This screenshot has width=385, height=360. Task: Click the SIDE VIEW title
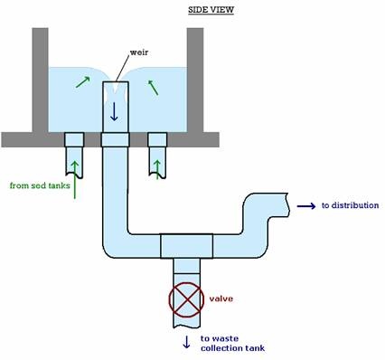[x=211, y=10]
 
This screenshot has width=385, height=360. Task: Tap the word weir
[x=139, y=52]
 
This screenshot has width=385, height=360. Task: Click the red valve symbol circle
[x=186, y=299]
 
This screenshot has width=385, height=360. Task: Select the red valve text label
[x=221, y=298]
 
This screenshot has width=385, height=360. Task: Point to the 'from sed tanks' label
[x=40, y=185]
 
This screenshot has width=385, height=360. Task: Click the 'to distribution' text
[x=350, y=205]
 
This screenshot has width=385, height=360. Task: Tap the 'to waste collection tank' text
[x=232, y=344]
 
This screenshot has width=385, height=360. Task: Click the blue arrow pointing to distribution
[x=306, y=206]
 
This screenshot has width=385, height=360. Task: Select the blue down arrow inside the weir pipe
[x=114, y=111]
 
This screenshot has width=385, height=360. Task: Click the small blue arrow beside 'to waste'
[x=186, y=342]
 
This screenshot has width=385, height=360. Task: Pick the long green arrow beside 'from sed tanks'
[x=75, y=180]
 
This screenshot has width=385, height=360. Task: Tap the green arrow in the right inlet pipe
[x=157, y=169]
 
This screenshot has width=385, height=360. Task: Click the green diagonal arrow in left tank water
[x=83, y=82]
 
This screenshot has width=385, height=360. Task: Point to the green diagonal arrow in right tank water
[x=153, y=88]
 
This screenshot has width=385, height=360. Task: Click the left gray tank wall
[x=40, y=80]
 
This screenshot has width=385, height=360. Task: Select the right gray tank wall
[x=195, y=80]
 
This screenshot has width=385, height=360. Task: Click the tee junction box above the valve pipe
[x=186, y=246]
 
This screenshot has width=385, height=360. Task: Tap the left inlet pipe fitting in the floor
[x=74, y=139]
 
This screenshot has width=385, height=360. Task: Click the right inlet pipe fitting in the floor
[x=157, y=139]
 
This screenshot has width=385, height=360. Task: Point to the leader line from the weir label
[x=122, y=69]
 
